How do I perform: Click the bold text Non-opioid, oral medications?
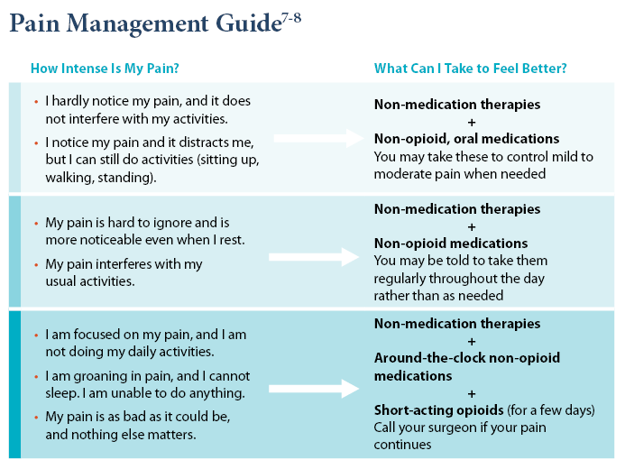tap(466, 139)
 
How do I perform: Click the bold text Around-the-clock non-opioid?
tap(466, 358)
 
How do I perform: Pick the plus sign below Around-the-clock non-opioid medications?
tap(471, 393)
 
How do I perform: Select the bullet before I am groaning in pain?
tap(35, 375)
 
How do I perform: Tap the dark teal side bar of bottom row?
tap(14, 384)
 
